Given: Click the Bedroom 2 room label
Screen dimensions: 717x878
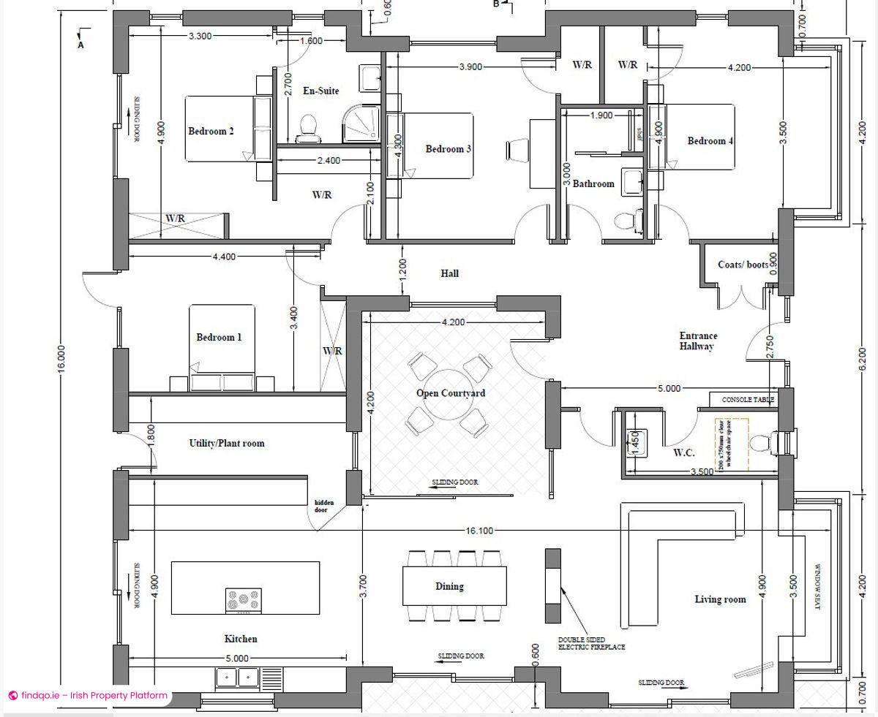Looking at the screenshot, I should tap(211, 132).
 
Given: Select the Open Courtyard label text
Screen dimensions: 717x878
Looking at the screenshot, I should tap(451, 393).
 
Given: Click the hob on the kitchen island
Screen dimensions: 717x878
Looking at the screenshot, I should tap(243, 601).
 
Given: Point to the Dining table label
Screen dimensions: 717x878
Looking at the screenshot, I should tap(449, 586).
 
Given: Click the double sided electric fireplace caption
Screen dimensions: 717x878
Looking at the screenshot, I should tap(591, 642).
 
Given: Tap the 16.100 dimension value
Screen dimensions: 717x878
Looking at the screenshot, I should tap(479, 531).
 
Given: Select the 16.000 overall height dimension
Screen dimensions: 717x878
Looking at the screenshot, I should tap(61, 359).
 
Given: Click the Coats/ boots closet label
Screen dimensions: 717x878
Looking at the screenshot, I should tap(743, 265).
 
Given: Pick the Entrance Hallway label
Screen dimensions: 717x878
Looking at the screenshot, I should tap(697, 341).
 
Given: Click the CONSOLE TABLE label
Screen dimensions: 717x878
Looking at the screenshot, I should tap(748, 400).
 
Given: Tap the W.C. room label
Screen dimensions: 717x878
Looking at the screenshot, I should tap(683, 453).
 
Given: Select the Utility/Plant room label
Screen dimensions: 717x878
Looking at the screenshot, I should tap(227, 444).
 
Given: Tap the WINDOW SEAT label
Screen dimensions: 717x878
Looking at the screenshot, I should tap(819, 588).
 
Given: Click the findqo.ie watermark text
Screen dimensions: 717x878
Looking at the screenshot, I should tap(94, 696).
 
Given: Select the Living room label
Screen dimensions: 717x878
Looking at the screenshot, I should tap(720, 599).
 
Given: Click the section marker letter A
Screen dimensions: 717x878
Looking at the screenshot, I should tap(81, 45).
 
